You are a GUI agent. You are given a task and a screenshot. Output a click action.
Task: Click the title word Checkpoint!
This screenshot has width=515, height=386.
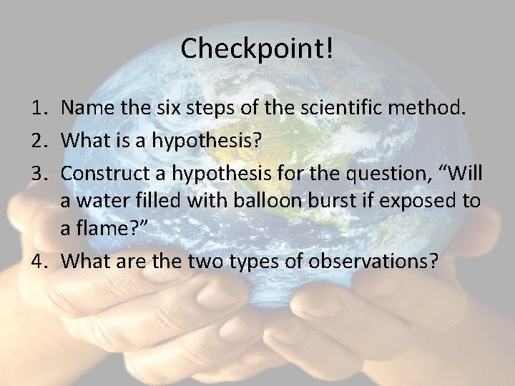(257, 49)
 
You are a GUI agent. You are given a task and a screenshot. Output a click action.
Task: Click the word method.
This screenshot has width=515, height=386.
(433, 109)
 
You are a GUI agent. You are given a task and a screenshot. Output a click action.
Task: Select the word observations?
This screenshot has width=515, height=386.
(373, 261)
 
